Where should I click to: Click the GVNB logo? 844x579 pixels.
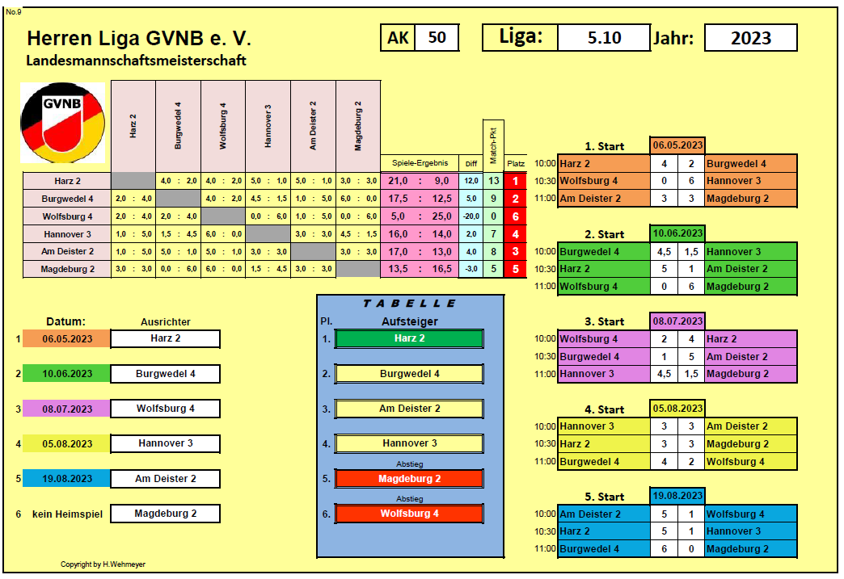click(x=62, y=123)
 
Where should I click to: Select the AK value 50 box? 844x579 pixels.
click(x=437, y=38)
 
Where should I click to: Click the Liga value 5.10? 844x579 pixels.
click(x=604, y=38)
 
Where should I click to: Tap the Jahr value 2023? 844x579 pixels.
click(x=750, y=38)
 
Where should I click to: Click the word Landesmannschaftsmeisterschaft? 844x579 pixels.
click(x=136, y=61)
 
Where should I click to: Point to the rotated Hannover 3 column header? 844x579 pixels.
click(x=268, y=126)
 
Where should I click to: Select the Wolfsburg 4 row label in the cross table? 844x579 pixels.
click(x=67, y=216)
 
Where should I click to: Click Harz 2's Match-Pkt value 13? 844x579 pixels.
click(x=494, y=181)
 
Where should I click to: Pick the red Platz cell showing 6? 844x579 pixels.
click(x=515, y=216)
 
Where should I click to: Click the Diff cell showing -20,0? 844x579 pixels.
click(x=471, y=216)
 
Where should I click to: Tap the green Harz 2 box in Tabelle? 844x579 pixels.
click(x=409, y=338)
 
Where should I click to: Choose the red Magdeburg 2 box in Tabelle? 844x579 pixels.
click(x=409, y=479)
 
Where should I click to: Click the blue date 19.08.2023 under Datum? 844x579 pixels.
click(x=67, y=479)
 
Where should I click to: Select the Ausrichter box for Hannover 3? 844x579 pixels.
click(x=165, y=443)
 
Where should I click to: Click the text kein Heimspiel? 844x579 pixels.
click(x=67, y=514)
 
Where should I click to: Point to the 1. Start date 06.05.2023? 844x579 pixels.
click(x=677, y=145)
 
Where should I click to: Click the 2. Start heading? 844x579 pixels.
click(x=605, y=234)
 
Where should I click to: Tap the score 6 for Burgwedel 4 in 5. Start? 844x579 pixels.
click(x=665, y=549)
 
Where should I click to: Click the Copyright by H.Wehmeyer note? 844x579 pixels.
click(x=103, y=564)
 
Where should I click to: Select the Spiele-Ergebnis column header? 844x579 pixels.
click(x=420, y=163)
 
